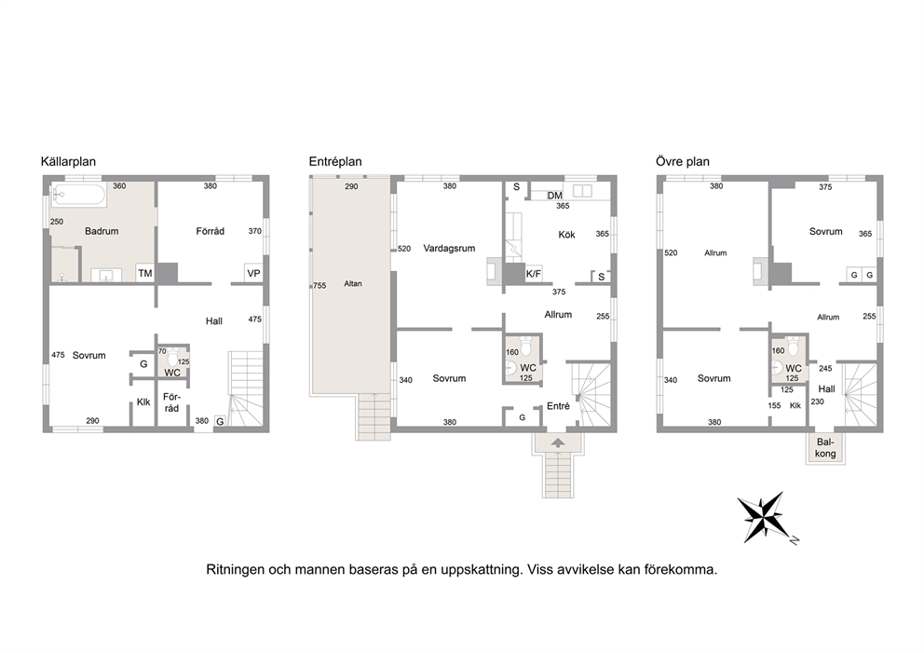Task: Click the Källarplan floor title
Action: click(x=68, y=161)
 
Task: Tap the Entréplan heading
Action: click(x=335, y=161)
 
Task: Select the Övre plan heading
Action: click(x=683, y=161)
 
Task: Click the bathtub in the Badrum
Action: click(x=78, y=195)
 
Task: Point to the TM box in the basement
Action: click(x=145, y=273)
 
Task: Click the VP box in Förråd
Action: click(x=253, y=274)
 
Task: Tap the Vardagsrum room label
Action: click(x=449, y=248)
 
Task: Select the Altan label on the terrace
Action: click(x=353, y=283)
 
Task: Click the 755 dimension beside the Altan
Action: click(x=319, y=286)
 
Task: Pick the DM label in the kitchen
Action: click(x=554, y=196)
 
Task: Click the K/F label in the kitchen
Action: click(x=534, y=274)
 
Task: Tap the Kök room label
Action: click(x=567, y=235)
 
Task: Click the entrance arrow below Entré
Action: click(x=558, y=442)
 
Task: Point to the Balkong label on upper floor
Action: click(x=825, y=448)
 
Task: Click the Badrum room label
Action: click(x=102, y=231)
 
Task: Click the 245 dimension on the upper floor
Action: click(x=825, y=368)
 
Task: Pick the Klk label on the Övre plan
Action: click(x=795, y=405)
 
